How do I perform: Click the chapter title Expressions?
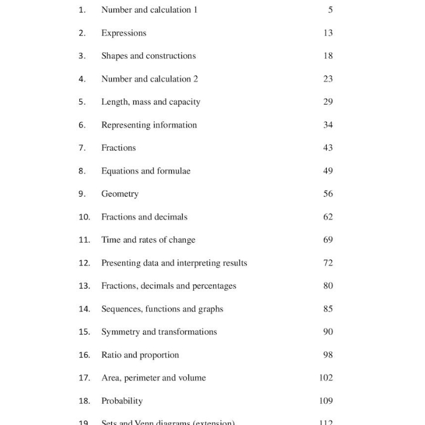(x=123, y=33)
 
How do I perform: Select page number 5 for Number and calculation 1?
(x=330, y=10)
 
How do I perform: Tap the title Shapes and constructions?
(x=149, y=56)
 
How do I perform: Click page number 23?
(x=328, y=79)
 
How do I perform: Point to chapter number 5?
(x=82, y=102)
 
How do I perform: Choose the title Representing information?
(x=149, y=125)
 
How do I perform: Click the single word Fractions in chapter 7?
(x=118, y=148)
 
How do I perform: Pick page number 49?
(x=328, y=171)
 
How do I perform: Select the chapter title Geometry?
(x=120, y=194)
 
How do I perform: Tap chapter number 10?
(x=85, y=217)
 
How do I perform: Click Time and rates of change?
(x=148, y=240)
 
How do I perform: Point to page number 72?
(x=328, y=263)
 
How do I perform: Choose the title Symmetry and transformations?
(x=159, y=332)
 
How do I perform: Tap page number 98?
(x=328, y=355)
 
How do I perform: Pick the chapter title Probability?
(x=122, y=401)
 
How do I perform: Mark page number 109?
(x=326, y=401)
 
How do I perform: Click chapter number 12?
(x=85, y=263)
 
